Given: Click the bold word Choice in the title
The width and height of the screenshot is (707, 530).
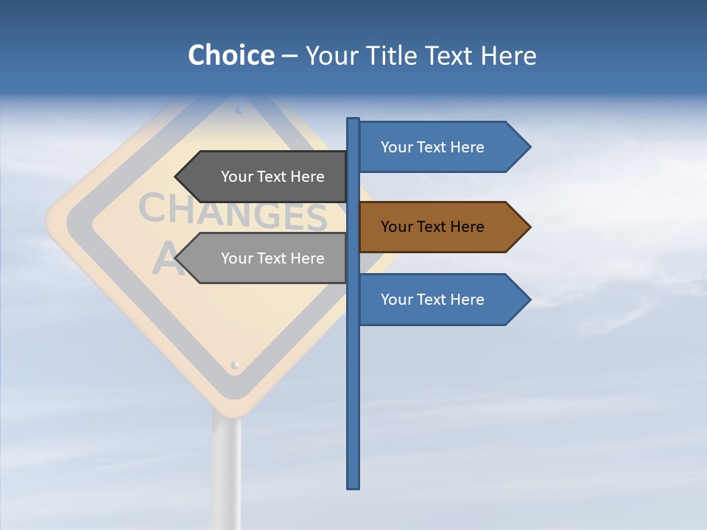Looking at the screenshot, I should tap(231, 55).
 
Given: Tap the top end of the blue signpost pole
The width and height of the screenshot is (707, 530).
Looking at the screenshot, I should tap(353, 120).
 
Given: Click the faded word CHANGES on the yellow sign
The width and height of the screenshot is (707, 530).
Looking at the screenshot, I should tap(232, 213).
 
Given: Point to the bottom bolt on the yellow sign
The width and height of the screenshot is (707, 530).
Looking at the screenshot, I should tap(235, 364).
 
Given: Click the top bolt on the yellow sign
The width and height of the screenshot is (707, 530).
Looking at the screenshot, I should tap(239, 110).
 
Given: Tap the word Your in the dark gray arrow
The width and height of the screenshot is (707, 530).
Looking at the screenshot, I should tap(236, 177).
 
